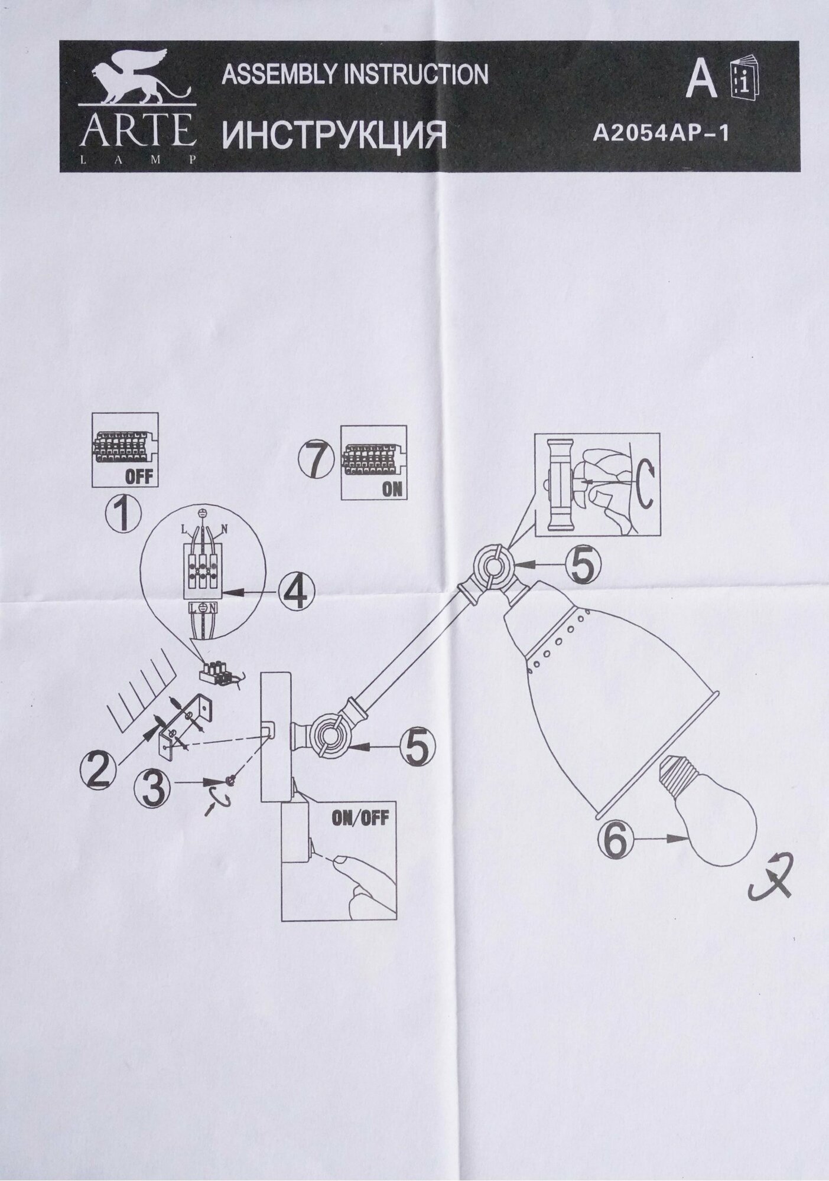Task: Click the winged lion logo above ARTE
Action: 139,81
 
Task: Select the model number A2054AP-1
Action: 661,134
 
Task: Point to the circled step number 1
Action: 122,513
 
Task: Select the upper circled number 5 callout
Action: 583,565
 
